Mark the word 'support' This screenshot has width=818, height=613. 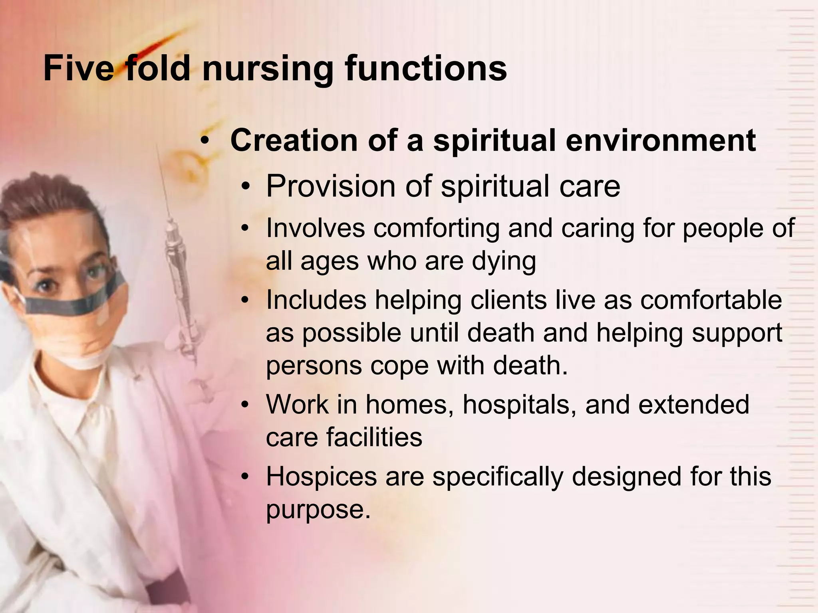(x=737, y=333)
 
